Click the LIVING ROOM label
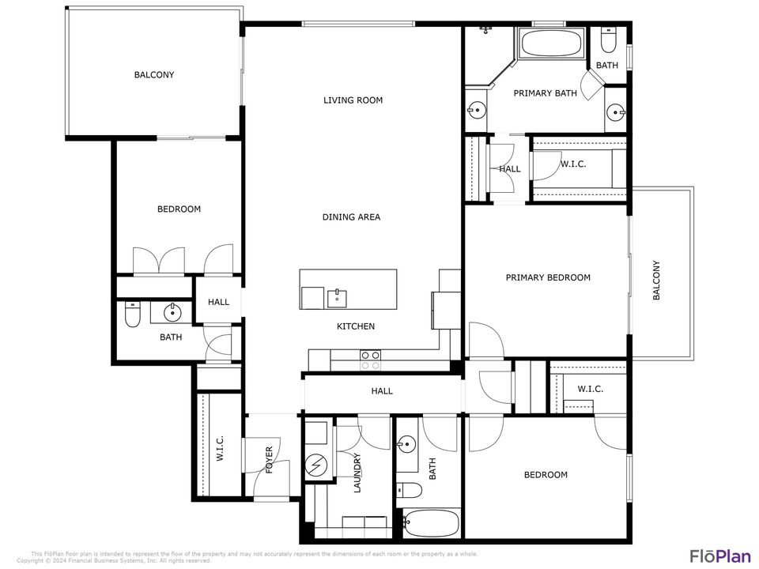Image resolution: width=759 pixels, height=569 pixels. pos(353,100)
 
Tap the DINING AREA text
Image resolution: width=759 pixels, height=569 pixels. pos(351,217)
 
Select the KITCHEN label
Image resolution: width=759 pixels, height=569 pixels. pos(356,326)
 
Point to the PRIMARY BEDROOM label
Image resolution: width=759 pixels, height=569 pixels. pos(548,277)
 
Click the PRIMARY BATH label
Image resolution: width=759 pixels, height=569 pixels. pos(545,93)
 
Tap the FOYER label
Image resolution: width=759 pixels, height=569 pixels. pos(269,460)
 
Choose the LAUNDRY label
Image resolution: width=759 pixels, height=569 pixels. pos(357,473)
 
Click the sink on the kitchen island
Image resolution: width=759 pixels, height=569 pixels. pos(338,297)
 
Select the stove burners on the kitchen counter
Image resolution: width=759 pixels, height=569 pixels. pos(370,360)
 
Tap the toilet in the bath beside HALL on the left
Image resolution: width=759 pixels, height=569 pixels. pos(133,316)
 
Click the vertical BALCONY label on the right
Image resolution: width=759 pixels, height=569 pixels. pos(656,280)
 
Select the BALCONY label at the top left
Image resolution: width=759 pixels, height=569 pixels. pos(153,75)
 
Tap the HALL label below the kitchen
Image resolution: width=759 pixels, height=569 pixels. pos(382,391)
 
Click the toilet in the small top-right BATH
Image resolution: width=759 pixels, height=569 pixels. pos(607,39)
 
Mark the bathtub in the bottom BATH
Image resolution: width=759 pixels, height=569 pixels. pos(430,523)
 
